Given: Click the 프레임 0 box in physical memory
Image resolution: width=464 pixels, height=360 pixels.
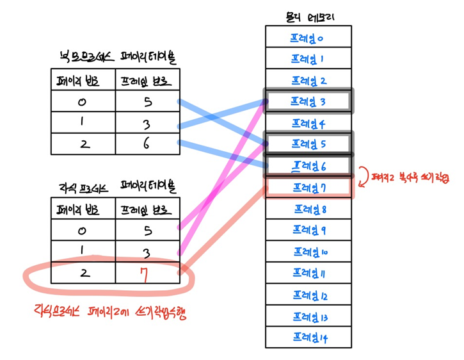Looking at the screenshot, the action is pos(308,38).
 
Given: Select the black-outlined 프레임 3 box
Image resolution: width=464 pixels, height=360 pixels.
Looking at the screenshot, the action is pos(308,101).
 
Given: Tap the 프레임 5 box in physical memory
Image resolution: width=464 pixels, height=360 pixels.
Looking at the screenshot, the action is pos(308,143).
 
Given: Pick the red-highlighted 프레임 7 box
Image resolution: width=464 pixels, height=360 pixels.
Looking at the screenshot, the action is pos(308,188).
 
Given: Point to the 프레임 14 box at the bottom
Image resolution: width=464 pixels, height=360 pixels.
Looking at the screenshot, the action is pos(308,338).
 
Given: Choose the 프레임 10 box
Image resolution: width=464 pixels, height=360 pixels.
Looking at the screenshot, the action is pos(308,252).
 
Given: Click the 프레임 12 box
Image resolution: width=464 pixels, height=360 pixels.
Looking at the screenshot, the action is pos(308,295).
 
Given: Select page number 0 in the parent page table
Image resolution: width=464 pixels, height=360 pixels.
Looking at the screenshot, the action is pos(84,101).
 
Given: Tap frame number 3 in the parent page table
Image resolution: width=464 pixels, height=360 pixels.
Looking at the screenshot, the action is pos(147,123).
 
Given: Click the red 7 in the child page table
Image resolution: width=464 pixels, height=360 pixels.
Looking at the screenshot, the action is pos(146,274).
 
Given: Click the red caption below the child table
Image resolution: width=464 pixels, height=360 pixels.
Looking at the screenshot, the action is pos(109,314).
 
